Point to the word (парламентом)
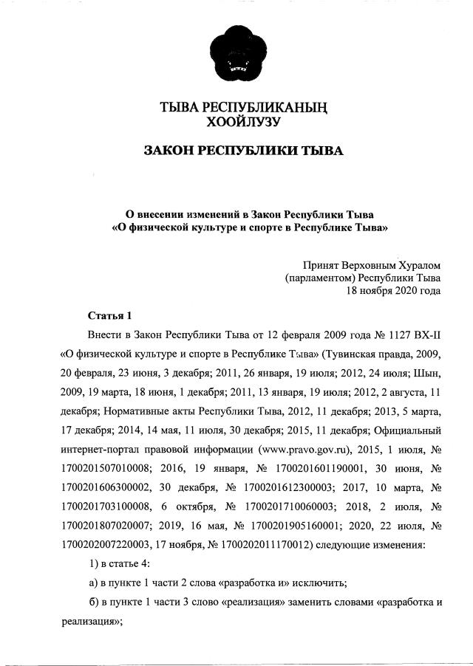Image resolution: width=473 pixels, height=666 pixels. (320, 278)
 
